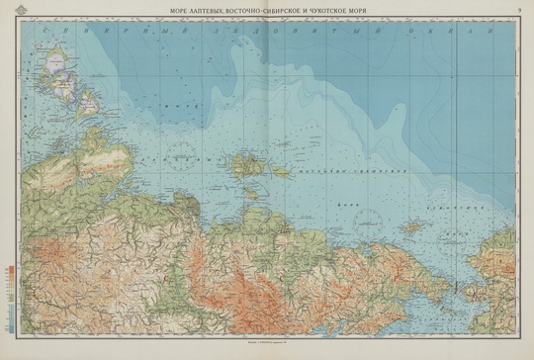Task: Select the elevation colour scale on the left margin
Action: click(9, 291)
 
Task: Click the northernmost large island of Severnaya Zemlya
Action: click(49, 55)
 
